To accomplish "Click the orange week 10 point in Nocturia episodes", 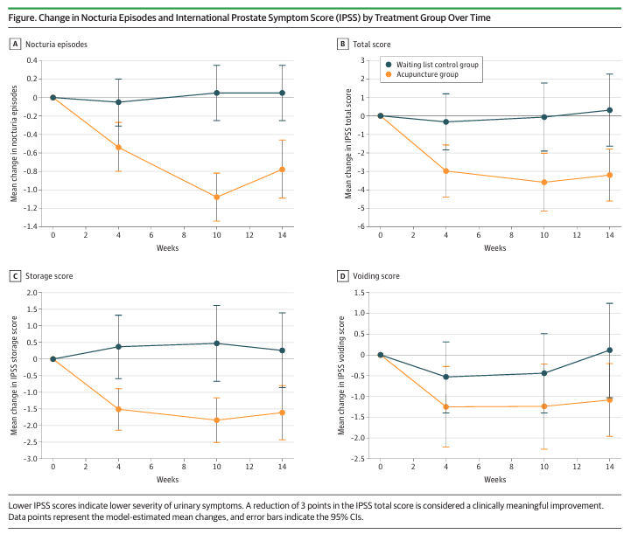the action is point(216,198).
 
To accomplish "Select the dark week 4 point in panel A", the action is point(118,102).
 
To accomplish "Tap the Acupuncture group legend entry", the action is point(422,74).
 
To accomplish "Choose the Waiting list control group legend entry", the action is point(432,65).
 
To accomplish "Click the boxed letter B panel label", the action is point(342,44).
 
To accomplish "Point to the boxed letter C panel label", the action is point(15,275).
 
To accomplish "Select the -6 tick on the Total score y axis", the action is point(361,226).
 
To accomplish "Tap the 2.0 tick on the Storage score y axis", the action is point(32,293).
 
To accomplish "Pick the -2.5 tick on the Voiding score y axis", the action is point(358,459).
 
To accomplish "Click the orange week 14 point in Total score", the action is point(610,175).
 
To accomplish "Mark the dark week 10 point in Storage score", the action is point(216,343).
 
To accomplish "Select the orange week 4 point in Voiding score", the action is point(445,407).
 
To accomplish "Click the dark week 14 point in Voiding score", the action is point(610,350).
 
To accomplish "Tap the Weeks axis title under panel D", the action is point(495,479).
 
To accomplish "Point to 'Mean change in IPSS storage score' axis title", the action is point(14,376).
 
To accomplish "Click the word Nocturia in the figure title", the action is point(97,17).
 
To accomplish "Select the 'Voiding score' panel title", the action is point(376,276).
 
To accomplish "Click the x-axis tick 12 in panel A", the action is point(249,235).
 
